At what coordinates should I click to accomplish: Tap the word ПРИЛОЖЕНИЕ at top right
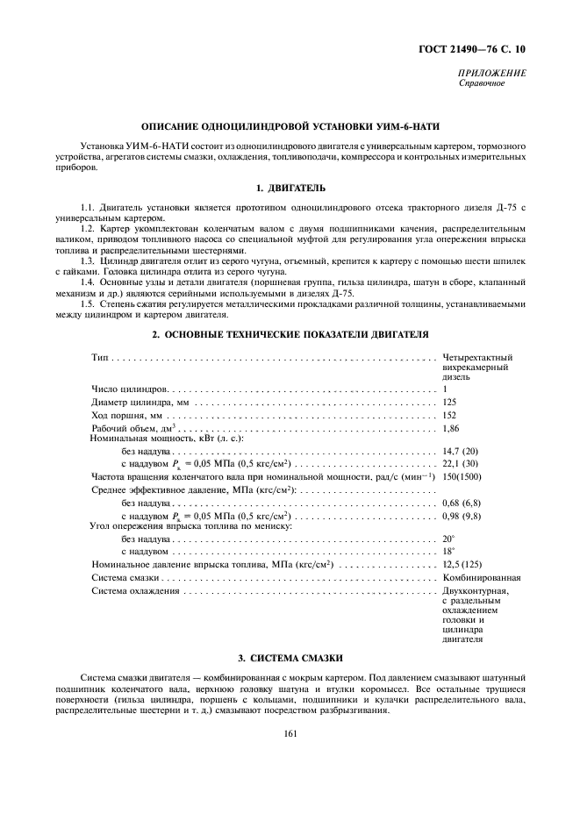[x=493, y=74]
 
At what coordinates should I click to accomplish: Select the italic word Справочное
[x=481, y=83]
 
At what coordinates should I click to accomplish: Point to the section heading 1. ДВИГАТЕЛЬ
[x=290, y=187]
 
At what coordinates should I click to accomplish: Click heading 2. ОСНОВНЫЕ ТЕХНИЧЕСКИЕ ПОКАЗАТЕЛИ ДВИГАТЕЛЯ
[x=290, y=334]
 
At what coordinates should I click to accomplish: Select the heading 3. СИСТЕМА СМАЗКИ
[x=290, y=657]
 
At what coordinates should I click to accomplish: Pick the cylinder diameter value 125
[x=450, y=402]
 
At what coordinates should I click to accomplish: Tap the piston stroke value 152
[x=450, y=415]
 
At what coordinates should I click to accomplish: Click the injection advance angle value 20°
[x=448, y=539]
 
